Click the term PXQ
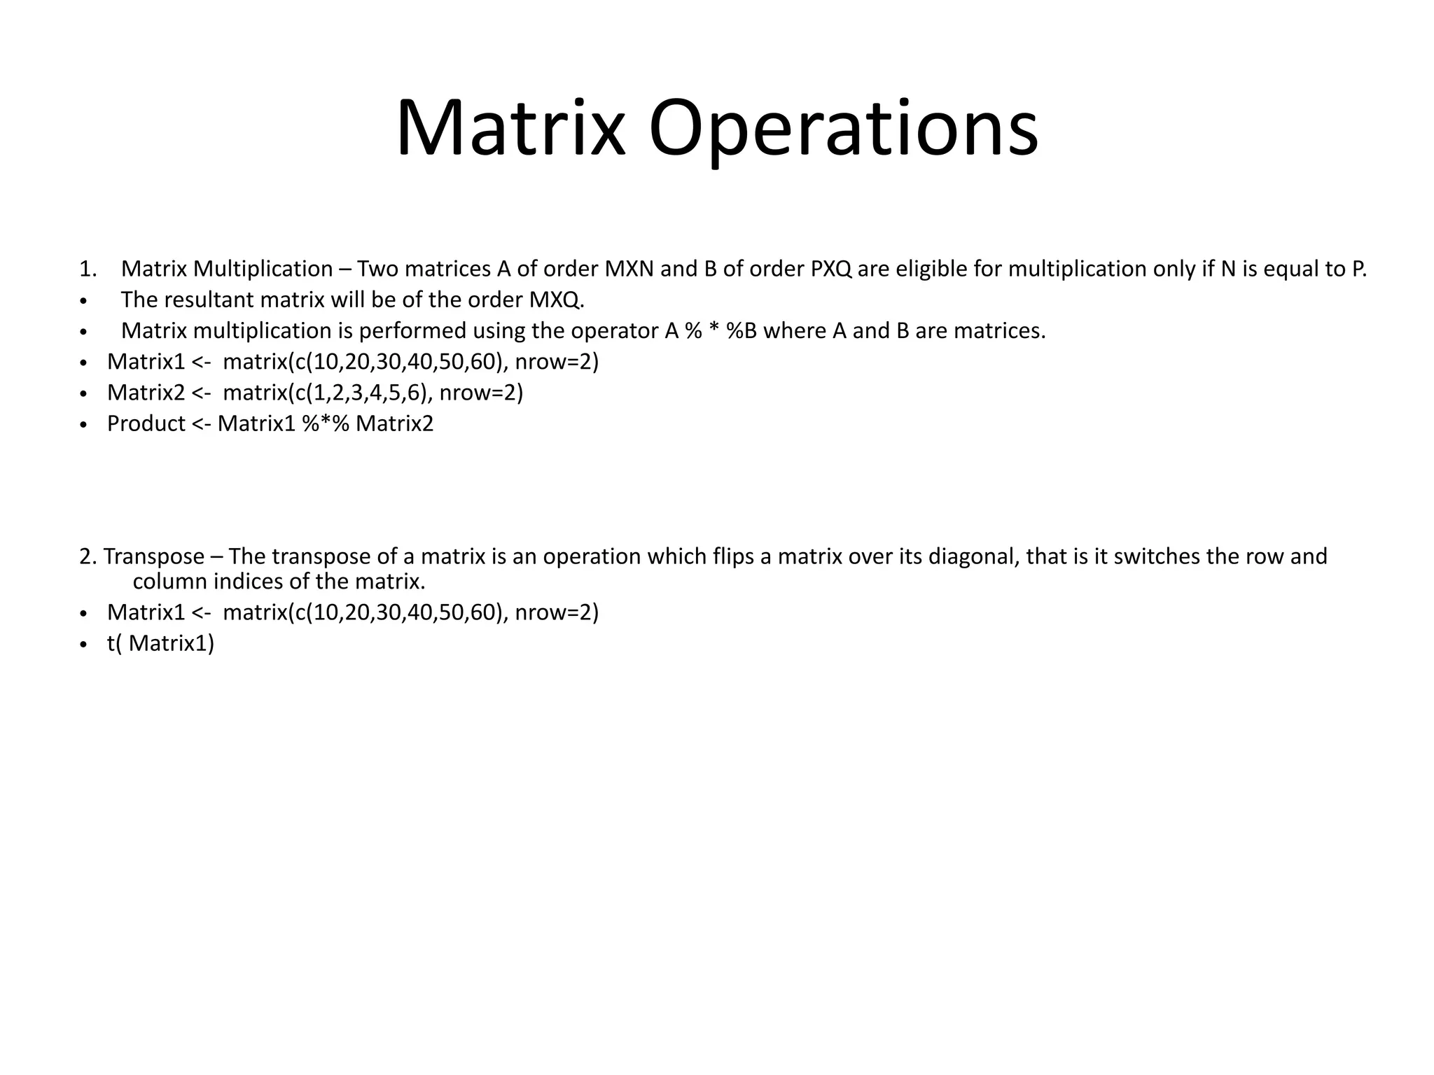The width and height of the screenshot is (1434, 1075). click(831, 269)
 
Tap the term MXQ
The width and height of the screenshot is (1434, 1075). click(556, 300)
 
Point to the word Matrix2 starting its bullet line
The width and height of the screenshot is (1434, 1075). click(146, 393)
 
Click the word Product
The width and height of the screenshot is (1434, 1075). click(146, 423)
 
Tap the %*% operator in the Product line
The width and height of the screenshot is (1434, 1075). click(326, 423)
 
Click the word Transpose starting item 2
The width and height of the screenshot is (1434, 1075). click(154, 556)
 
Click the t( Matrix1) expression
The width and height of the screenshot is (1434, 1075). click(160, 643)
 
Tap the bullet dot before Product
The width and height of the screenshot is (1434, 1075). click(83, 425)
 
